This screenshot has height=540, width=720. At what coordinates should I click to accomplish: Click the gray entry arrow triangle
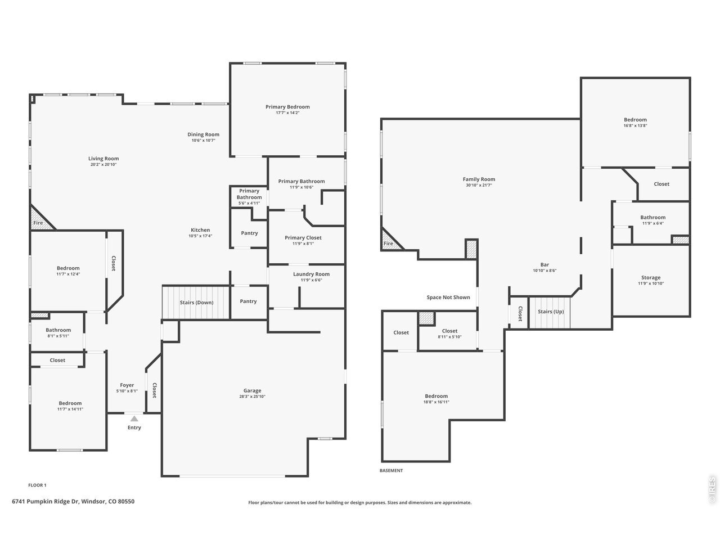pos(134,418)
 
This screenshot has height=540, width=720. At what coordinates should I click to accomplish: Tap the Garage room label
pos(252,390)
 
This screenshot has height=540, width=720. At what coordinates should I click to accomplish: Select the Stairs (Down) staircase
pos(196,303)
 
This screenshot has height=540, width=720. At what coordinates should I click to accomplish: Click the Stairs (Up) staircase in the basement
pos(550,312)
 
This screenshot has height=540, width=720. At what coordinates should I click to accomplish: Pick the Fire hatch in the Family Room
pos(391,240)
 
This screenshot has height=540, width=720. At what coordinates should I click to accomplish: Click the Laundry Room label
pos(311,274)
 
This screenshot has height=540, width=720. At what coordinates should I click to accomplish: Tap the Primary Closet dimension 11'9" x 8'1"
pos(303,244)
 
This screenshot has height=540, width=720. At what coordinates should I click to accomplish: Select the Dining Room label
pos(204,134)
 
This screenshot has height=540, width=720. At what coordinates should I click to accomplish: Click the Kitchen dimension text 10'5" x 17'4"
pos(200,236)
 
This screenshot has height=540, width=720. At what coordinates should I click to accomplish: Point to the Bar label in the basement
pos(544,264)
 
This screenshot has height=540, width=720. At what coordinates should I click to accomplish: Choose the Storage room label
pos(651,277)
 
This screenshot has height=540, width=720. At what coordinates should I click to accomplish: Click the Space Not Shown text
pos(448,298)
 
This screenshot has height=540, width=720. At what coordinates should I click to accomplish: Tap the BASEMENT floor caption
pos(391,470)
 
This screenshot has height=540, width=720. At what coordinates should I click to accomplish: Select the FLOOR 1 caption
pos(37,485)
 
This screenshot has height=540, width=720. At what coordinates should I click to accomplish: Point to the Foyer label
pos(127,385)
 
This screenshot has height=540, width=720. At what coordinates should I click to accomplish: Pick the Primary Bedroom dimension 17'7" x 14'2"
pos(287,113)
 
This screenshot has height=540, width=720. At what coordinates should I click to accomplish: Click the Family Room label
pos(479,179)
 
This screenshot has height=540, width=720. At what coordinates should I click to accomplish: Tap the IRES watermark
pos(712,490)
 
